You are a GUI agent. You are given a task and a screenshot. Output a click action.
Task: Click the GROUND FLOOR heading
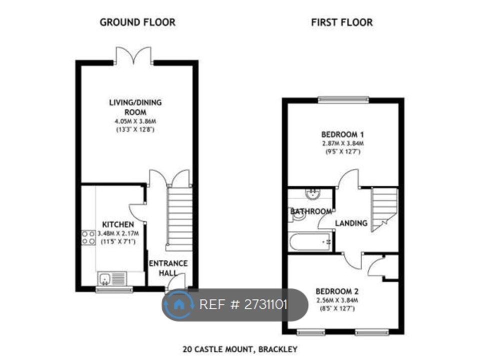(x=137, y=22)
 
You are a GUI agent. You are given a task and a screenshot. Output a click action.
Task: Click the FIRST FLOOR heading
(x=342, y=22)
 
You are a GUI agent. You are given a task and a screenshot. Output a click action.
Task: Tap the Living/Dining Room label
(x=136, y=107)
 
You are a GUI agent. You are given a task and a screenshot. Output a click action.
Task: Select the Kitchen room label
(x=118, y=224)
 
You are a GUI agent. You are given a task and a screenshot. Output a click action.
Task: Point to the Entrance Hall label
(x=168, y=267)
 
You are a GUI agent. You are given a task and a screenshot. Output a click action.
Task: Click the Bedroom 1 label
(x=342, y=134)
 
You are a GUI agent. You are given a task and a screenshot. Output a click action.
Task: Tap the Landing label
(x=351, y=223)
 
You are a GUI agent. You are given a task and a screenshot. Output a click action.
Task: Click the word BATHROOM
(x=311, y=211)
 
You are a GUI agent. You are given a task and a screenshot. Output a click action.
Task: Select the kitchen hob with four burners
(x=88, y=237)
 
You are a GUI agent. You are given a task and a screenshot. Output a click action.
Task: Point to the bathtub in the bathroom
(x=310, y=242)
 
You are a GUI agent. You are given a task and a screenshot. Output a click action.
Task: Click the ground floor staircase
(x=179, y=217)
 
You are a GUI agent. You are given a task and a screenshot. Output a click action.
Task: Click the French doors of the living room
(x=133, y=55)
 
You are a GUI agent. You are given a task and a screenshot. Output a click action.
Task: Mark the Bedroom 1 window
(x=343, y=98)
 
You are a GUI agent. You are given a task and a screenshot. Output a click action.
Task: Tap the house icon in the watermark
(x=178, y=303)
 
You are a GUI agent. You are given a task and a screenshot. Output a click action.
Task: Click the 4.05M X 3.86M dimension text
(x=136, y=121)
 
